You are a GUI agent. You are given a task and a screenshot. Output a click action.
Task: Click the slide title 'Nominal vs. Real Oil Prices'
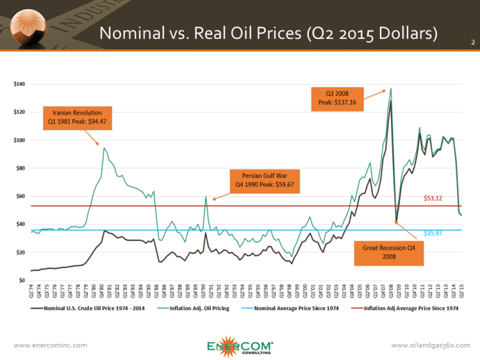tap(267, 33)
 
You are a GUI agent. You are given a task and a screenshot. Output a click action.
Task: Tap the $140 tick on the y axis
tap(19, 85)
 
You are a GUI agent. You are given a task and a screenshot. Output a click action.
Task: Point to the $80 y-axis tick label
tap(21, 168)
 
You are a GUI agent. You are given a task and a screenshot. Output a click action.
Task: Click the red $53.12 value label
tap(434, 199)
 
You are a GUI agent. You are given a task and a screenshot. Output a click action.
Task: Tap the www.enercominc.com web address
tap(46, 345)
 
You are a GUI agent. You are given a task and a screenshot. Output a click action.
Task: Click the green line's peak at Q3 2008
tap(391, 88)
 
